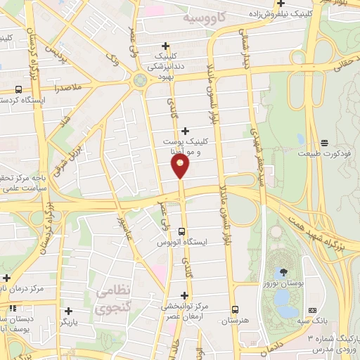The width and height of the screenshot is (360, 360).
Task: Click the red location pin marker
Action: pos(181,166)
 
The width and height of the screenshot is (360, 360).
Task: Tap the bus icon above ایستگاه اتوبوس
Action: pos(182,231)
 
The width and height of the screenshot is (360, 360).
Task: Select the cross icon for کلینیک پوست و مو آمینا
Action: pos(185,131)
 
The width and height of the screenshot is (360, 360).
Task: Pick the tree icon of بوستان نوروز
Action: pos(283,271)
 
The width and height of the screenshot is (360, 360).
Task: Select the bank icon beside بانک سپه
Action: pos(313,310)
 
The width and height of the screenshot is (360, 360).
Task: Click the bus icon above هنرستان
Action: pos(235,310)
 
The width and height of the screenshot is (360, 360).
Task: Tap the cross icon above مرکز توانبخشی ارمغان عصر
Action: pos(185,296)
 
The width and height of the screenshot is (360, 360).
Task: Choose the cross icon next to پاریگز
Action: pos(68,310)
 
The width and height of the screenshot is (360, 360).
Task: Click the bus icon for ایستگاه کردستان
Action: pos(18,89)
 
